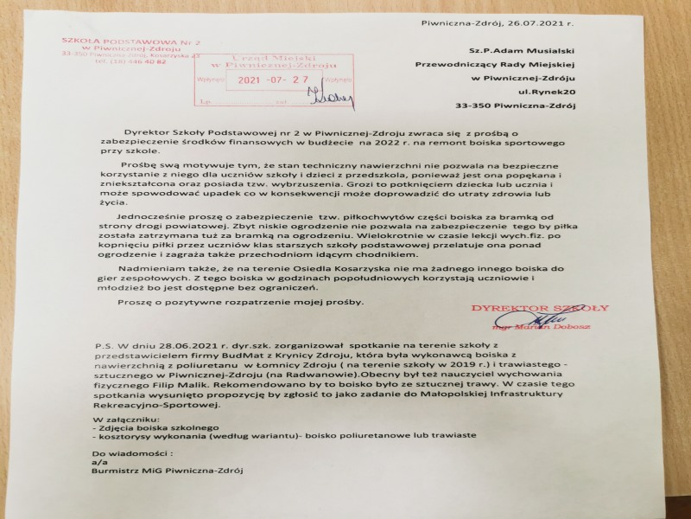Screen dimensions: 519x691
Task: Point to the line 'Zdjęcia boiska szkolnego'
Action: pos(147,428)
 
